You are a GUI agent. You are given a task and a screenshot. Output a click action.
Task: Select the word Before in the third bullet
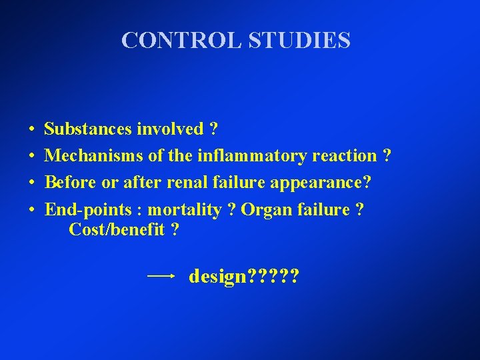pos(69,183)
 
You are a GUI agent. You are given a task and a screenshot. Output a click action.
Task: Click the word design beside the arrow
pos(217,276)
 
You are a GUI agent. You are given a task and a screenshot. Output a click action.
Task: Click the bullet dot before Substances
pos(32,129)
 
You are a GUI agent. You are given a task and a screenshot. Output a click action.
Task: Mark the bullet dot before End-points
pos(32,211)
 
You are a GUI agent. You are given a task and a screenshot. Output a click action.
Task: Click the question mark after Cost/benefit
pos(175,230)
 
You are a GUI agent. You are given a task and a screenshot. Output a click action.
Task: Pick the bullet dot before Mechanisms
pos(32,156)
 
